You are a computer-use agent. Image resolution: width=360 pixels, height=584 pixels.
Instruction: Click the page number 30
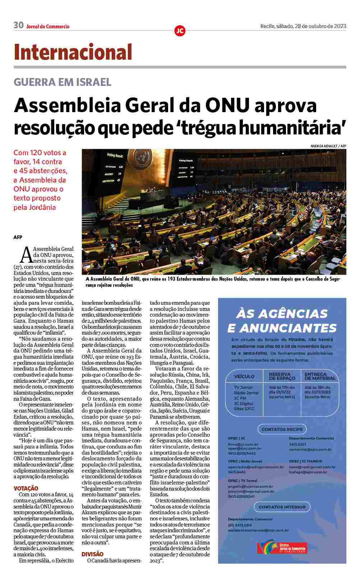coord(18,26)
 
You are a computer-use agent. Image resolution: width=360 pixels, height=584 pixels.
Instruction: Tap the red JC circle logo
coord(180,31)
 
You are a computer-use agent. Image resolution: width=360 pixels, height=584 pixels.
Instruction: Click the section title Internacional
coord(73,52)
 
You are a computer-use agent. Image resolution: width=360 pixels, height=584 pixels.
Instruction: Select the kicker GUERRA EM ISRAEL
coord(62,82)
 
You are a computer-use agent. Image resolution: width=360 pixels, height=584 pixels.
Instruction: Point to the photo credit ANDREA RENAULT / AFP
coord(328,146)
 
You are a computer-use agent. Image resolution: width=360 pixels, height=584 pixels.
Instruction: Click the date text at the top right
coord(303,26)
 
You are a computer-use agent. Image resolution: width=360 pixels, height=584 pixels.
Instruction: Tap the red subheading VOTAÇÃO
coord(26,488)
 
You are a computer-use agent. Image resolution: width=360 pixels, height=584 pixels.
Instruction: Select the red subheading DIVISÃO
coord(92,554)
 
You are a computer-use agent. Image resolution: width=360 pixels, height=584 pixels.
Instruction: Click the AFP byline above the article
coord(18,237)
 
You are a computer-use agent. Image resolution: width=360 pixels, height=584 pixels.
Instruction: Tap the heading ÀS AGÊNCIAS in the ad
coord(282,314)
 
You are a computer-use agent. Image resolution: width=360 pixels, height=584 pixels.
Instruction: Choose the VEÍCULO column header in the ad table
coord(244,376)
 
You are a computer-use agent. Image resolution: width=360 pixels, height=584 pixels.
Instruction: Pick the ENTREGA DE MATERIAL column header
coord(320,376)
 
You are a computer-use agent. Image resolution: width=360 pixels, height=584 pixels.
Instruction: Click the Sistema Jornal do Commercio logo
coord(282,547)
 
